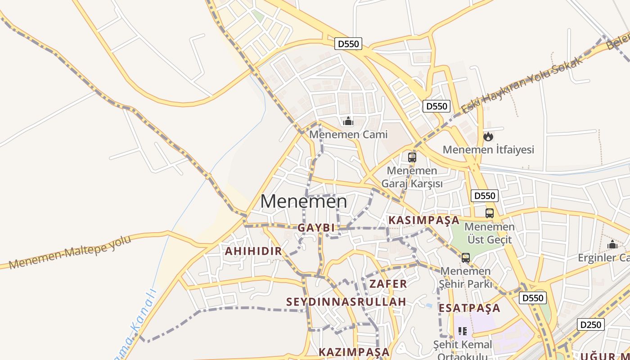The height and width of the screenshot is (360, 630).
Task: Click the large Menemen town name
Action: pos(304,201)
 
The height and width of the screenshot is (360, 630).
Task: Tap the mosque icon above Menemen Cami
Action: pos(348,121)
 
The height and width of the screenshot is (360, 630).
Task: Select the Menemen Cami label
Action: pos(348,134)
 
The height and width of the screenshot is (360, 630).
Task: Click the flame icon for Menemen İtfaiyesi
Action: pos(488,136)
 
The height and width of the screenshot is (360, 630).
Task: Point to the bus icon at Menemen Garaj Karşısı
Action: pos(412,157)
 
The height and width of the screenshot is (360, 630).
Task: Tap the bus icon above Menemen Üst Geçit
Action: pos(490,213)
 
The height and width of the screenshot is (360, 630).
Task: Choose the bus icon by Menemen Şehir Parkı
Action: pos(466,258)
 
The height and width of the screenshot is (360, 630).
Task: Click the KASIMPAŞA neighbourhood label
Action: pos(423,220)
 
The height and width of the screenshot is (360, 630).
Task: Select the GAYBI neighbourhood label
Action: pos(316,228)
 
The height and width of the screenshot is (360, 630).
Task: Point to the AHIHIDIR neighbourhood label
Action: pos(253,251)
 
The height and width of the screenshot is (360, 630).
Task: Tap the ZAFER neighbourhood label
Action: pos(388,283)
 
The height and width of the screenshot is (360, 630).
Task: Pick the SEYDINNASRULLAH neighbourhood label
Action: pos(346,301)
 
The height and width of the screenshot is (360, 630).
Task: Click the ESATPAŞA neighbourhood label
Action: pos(469,308)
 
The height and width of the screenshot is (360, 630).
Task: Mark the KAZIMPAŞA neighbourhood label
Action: pos(354,352)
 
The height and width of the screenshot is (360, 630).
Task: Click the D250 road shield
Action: pos(590,324)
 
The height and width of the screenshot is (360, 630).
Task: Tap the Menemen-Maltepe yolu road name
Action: pos(70,252)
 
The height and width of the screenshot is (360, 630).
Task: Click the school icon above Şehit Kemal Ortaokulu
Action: pos(462,332)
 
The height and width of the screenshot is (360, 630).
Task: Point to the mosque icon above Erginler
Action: pos(612,245)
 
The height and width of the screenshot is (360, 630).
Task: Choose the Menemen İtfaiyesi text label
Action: pos(488,149)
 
